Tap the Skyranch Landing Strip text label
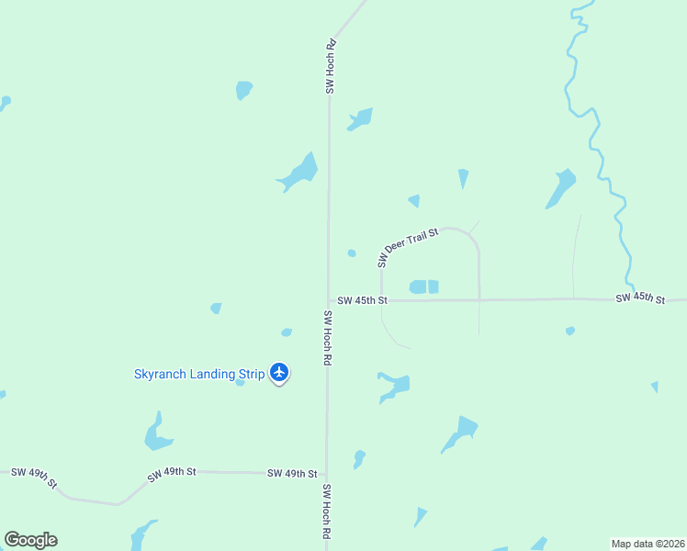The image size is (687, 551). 199,374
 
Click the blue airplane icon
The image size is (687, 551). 280,373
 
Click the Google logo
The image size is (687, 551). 30,540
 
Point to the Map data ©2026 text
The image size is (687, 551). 648,544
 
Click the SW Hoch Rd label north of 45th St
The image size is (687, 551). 331,66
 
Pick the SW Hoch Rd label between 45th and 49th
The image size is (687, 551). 326,338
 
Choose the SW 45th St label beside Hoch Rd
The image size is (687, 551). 362,300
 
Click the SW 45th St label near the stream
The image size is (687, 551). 639,298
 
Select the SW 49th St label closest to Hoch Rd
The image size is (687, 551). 292,473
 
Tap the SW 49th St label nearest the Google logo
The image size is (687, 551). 35,477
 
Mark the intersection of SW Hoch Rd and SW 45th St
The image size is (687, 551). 328,300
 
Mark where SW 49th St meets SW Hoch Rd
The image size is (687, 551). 326,474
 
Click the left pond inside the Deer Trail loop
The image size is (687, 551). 418,287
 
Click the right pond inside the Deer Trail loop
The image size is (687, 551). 434,287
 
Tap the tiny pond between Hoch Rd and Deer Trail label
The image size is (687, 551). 352,253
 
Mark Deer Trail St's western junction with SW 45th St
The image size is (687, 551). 381,300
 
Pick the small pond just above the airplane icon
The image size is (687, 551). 287,332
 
